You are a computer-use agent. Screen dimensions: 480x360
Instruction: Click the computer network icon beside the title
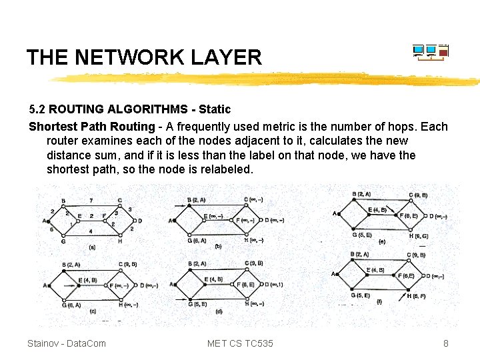[431, 53]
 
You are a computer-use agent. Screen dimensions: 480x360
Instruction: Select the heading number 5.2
[37, 109]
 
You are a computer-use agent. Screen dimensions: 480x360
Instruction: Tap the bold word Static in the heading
[215, 109]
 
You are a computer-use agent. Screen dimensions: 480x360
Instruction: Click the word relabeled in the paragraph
[225, 169]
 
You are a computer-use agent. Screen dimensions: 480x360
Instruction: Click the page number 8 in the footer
[446, 343]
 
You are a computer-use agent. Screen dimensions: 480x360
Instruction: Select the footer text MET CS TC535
[240, 343]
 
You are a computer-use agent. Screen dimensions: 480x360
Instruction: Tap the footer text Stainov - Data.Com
[67, 343]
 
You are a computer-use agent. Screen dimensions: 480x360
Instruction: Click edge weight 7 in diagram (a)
[91, 200]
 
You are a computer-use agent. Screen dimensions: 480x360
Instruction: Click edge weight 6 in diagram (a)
[52, 229]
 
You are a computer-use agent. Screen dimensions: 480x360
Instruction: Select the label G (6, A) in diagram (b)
[196, 240]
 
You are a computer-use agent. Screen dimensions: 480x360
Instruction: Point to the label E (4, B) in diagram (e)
[377, 211]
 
